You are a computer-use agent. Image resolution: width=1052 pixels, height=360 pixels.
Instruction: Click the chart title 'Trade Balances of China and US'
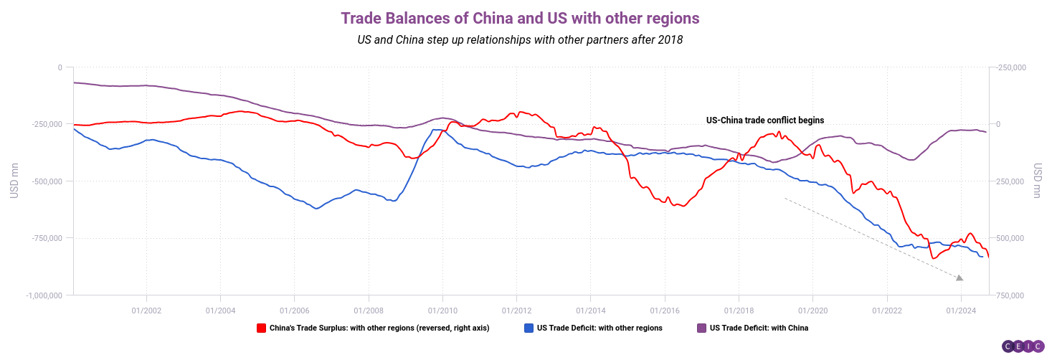[520, 16]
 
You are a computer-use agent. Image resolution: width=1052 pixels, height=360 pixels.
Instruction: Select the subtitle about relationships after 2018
[520, 40]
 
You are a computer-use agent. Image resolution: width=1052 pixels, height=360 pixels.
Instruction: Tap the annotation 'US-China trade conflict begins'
[765, 120]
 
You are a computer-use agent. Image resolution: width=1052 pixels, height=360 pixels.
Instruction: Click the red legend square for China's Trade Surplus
[262, 328]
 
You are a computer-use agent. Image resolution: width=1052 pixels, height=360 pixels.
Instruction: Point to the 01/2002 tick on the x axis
[146, 310]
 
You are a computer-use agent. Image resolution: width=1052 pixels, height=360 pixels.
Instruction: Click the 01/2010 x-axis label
[442, 310]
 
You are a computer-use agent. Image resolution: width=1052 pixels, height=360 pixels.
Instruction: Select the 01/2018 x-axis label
[738, 310]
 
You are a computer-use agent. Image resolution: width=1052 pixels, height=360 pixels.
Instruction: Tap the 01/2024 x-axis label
[960, 310]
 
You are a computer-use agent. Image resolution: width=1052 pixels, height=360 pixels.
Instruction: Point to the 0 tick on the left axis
[60, 67]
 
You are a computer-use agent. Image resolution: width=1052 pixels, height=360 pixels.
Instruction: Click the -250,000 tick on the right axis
[1012, 67]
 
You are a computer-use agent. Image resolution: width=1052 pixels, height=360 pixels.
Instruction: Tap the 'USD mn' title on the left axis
[14, 181]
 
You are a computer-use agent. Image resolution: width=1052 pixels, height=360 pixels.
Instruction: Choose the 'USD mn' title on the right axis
[1038, 181]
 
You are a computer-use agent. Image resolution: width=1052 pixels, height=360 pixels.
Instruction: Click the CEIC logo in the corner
[1023, 346]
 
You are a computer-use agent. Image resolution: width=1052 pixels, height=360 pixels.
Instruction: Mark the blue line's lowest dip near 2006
[316, 208]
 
